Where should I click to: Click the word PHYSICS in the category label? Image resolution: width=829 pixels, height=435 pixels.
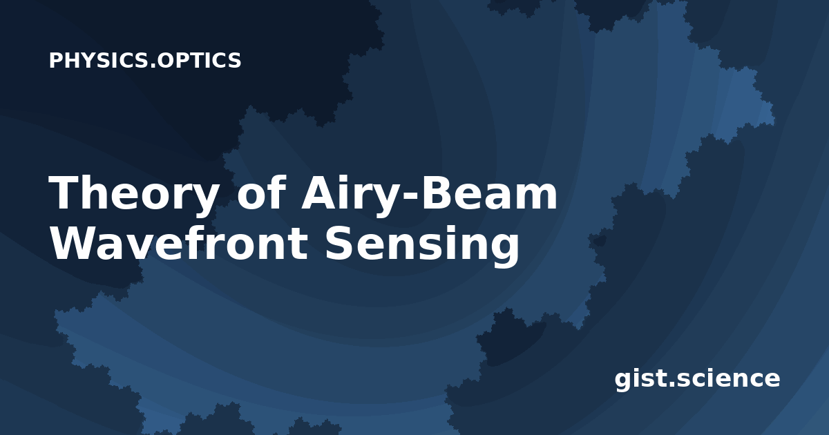click(99, 60)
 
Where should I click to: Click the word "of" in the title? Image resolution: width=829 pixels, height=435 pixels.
click(262, 193)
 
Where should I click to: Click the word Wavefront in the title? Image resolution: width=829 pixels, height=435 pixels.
click(178, 243)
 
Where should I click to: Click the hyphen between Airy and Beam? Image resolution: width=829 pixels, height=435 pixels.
click(410, 196)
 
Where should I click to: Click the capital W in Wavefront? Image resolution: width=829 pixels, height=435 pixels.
click(75, 243)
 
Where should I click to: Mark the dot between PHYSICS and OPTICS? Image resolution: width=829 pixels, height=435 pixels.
click(153, 66)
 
